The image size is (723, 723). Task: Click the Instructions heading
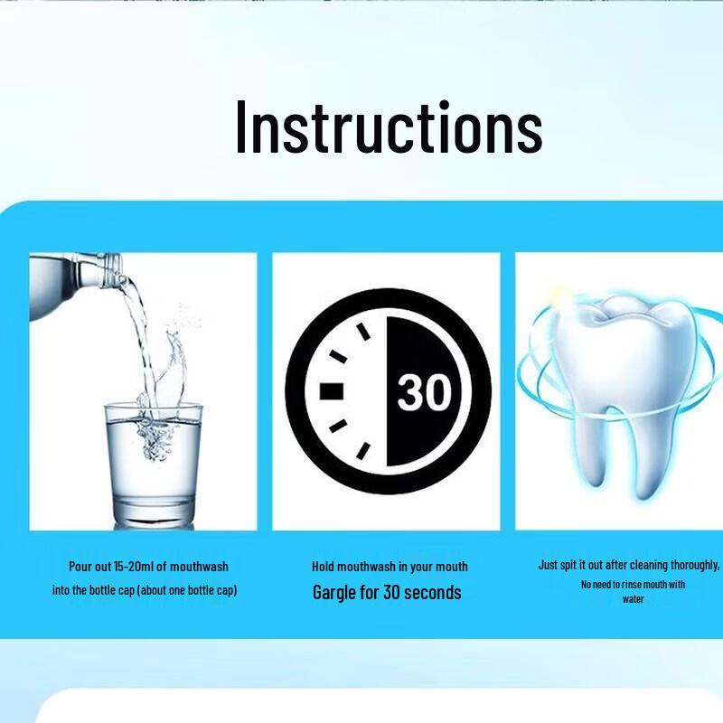tap(389, 127)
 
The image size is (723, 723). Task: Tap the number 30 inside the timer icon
tap(424, 391)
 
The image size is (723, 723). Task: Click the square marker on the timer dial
tap(331, 391)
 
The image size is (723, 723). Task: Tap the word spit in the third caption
tap(568, 566)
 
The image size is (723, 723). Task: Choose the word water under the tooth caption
tap(634, 599)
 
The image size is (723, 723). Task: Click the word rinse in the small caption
tap(631, 584)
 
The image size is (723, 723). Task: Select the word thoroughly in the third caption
tap(694, 566)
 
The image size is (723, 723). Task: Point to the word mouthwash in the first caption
tap(199, 567)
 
